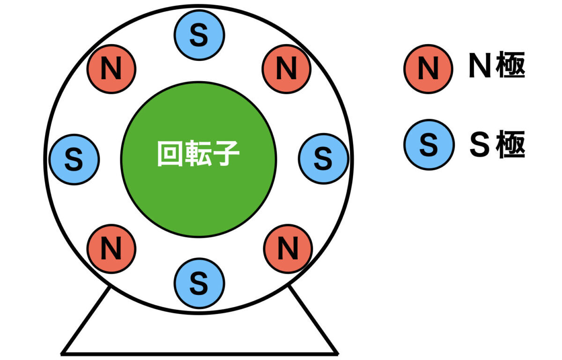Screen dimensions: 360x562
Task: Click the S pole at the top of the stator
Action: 199,36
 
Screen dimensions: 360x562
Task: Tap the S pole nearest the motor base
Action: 199,282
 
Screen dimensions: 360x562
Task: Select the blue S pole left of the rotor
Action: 74,159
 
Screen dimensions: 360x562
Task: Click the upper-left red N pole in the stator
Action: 111,69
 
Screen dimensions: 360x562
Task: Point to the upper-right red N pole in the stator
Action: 287,69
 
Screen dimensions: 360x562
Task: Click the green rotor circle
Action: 199,197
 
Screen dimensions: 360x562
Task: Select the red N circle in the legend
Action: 428,69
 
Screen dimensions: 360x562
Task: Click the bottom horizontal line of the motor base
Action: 199,353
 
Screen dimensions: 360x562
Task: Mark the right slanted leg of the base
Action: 313,320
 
